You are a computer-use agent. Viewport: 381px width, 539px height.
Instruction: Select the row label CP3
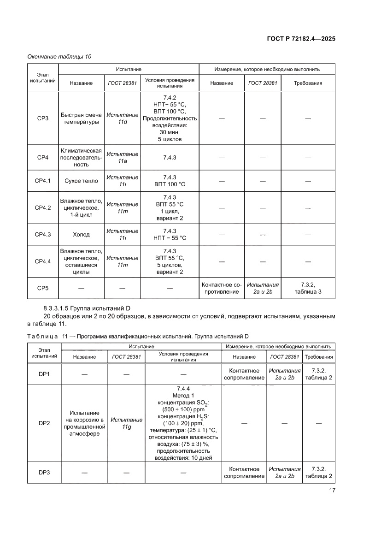coord(43,118)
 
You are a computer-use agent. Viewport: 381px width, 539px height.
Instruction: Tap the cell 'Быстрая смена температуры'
coord(82,118)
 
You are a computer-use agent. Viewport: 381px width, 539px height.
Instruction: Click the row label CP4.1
coord(43,181)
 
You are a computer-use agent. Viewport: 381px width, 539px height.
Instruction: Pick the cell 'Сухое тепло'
coord(82,181)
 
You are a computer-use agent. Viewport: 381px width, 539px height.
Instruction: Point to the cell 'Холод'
coord(82,234)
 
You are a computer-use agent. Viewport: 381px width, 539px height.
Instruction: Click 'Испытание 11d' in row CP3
coord(122,118)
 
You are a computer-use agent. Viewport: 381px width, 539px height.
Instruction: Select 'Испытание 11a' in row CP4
coord(122,158)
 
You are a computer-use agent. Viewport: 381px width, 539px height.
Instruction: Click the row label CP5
coord(43,288)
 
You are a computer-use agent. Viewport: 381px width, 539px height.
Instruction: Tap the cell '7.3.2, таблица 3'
coord(308,288)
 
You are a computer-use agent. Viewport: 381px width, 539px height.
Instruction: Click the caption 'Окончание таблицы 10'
coord(59,56)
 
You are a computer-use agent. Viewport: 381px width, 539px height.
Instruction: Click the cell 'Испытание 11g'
coord(127,423)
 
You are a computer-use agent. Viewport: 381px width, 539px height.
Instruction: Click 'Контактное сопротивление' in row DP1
coord(244,374)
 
